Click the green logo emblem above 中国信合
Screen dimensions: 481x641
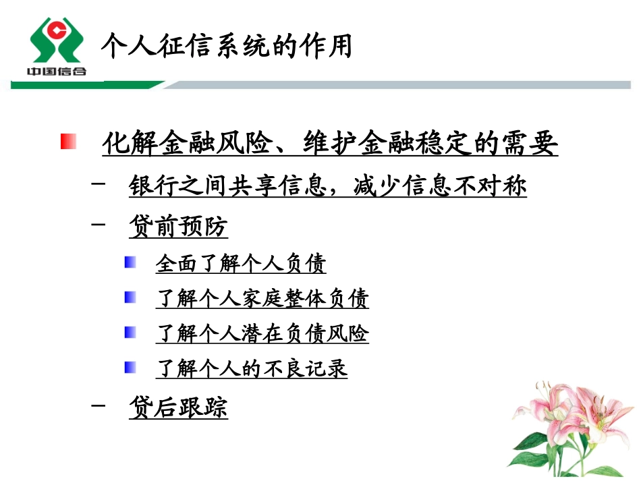pyautogui.click(x=56, y=39)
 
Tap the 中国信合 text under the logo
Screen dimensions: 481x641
pyautogui.click(x=56, y=71)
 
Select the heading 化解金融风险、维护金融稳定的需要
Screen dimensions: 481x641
pyautogui.click(x=330, y=143)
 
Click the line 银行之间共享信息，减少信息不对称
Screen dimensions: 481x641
pyautogui.click(x=327, y=186)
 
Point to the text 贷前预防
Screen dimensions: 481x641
pyautogui.click(x=178, y=227)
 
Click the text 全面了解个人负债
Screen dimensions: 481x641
pyautogui.click(x=241, y=263)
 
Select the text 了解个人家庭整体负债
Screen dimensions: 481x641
pyautogui.click(x=262, y=298)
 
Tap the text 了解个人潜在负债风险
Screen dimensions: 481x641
pyautogui.click(x=262, y=333)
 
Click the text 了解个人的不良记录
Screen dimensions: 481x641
pyautogui.click(x=252, y=368)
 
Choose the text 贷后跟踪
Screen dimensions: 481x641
pyautogui.click(x=178, y=407)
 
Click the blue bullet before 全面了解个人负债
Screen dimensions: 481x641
pyautogui.click(x=131, y=262)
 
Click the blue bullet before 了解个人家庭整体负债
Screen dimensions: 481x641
pyautogui.click(x=131, y=297)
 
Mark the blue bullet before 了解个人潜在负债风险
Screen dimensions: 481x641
pyautogui.click(x=131, y=332)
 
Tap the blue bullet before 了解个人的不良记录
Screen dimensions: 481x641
pyautogui.click(x=131, y=367)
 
